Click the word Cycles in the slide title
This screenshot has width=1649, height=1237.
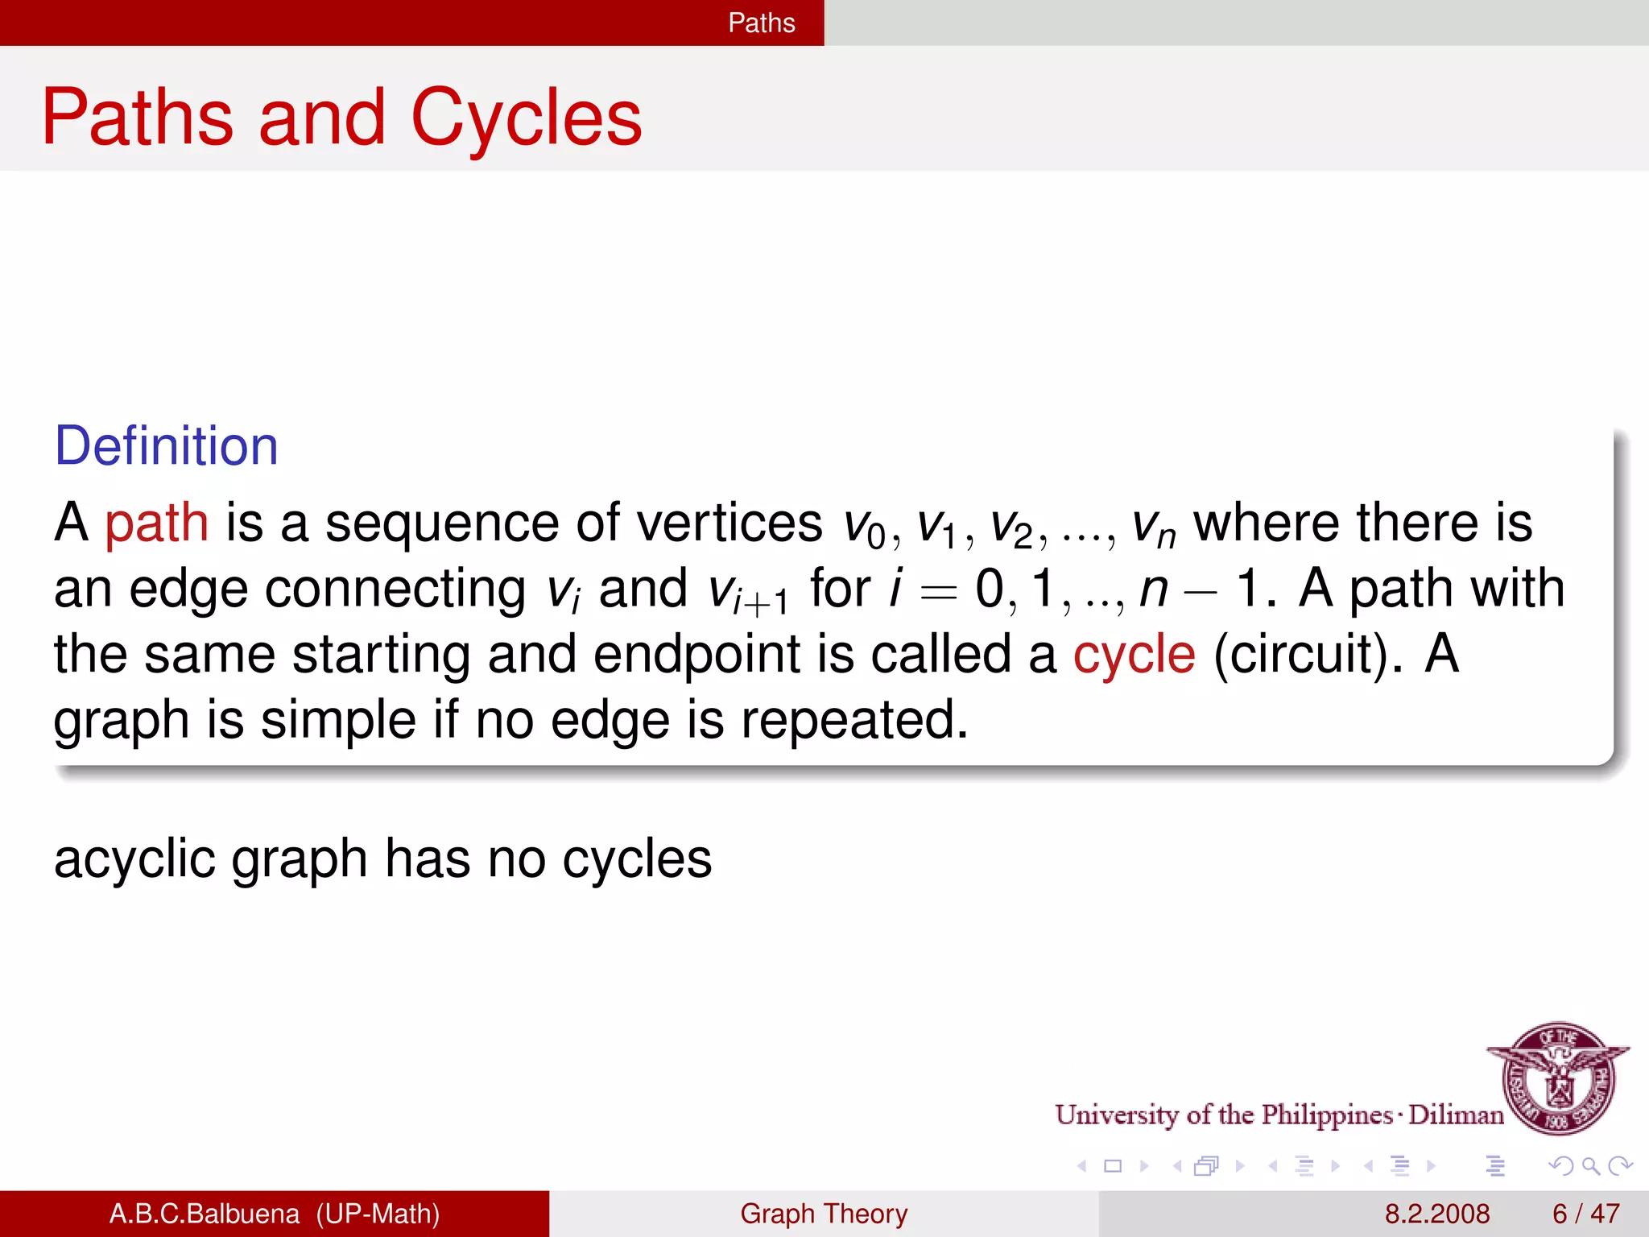tap(527, 119)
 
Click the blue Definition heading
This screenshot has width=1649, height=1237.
tap(166, 446)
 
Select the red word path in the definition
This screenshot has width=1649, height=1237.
tap(156, 523)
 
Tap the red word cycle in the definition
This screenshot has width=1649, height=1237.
tap(1134, 654)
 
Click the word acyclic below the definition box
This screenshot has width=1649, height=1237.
tap(134, 859)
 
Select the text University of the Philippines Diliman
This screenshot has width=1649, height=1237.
tap(1279, 1115)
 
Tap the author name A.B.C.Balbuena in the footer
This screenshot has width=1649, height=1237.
tap(205, 1214)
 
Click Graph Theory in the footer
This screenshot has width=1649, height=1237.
tap(824, 1214)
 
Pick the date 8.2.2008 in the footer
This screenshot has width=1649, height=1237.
tap(1436, 1214)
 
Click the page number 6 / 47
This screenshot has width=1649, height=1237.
tap(1585, 1214)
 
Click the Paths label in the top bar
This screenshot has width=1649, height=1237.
tap(761, 23)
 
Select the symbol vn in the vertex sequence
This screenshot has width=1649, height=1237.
tap(1153, 527)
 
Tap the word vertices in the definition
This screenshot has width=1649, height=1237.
tap(729, 523)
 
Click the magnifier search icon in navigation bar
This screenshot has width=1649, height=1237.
tap(1590, 1165)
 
